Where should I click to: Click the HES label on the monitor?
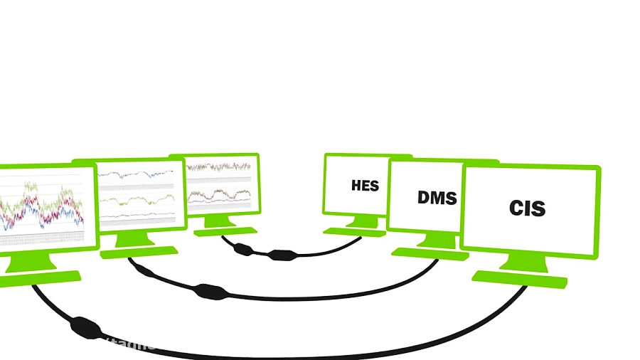point(365,186)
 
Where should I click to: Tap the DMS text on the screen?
point(437,197)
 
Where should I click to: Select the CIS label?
point(527,208)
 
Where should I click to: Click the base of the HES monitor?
point(353,231)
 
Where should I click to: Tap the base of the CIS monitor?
point(519,278)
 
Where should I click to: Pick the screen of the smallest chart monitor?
point(218,184)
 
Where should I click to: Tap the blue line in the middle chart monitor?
point(135,174)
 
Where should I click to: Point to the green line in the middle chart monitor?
point(135,200)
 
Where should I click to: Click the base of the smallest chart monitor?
point(224,231)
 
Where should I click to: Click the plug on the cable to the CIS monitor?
point(85,327)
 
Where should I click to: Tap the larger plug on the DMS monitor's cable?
point(209,290)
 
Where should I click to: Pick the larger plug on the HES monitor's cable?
point(282,254)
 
